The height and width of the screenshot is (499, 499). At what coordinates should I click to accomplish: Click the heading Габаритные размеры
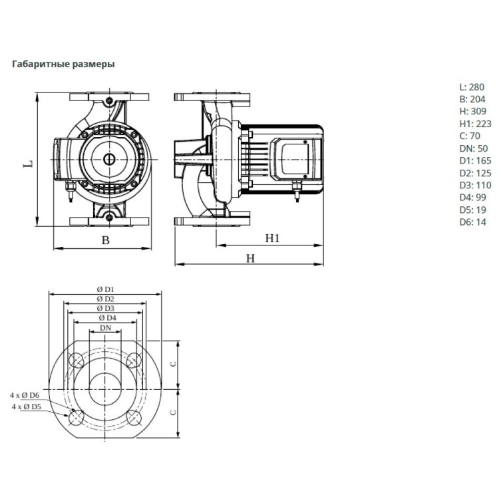point(63,64)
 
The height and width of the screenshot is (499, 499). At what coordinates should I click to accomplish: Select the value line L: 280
point(472,87)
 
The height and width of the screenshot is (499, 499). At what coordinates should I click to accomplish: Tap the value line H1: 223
point(475,124)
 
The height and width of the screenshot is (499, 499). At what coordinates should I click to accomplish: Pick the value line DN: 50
point(474,148)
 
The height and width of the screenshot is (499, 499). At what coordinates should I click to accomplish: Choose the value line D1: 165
point(475,160)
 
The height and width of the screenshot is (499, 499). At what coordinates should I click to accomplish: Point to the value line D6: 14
point(472,222)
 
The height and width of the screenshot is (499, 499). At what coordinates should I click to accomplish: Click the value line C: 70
point(470,136)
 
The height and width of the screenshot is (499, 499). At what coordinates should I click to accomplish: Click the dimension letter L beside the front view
point(29,164)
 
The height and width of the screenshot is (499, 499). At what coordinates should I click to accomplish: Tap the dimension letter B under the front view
point(105,240)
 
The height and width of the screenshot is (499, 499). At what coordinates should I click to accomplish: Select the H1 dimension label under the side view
point(272,238)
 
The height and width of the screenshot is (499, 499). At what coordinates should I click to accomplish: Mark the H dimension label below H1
point(251,258)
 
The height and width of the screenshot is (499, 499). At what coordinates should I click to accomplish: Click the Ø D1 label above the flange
point(105,289)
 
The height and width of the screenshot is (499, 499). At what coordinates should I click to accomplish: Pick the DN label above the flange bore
point(106,328)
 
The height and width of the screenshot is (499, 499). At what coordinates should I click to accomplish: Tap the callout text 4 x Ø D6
point(25,395)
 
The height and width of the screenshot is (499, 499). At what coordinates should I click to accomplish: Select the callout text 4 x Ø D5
point(27,407)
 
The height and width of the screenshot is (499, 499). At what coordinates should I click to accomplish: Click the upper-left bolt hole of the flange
point(76,361)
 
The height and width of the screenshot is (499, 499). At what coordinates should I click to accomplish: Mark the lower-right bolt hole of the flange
point(134,418)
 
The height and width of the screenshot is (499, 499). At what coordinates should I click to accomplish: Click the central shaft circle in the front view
point(109,159)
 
